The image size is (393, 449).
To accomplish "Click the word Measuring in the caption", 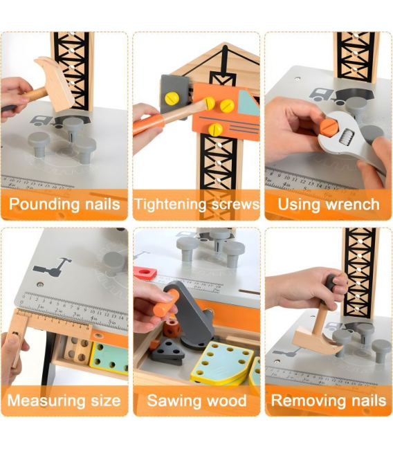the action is pyautogui.click(x=46, y=401).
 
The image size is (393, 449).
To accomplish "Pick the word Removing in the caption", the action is pyautogui.click(x=308, y=401).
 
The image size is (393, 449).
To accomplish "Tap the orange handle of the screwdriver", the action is pyautogui.click(x=148, y=125).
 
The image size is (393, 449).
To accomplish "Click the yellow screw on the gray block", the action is pyautogui.click(x=172, y=98).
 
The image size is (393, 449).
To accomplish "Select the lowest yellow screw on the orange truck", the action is pyautogui.click(x=215, y=129).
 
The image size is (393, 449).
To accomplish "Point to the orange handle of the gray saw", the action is pyautogui.click(x=166, y=303).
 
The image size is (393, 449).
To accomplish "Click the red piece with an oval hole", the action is pyautogui.click(x=145, y=273).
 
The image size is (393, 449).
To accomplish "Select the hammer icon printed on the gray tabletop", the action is pyautogui.click(x=53, y=267).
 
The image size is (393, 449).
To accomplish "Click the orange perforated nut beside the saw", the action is pyautogui.click(x=172, y=328).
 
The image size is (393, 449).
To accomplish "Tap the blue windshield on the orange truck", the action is pyautogui.click(x=248, y=103).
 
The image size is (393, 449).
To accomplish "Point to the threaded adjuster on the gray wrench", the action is pyautogui.click(x=347, y=136).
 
